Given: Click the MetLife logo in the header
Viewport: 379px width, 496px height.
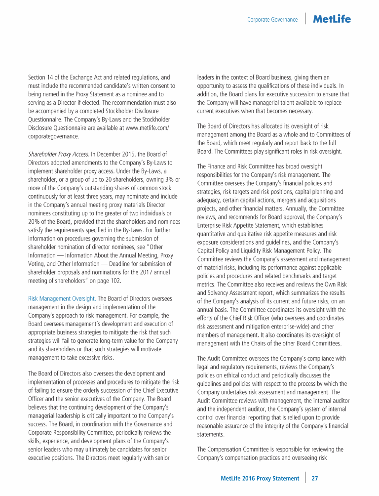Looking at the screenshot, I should (x=332, y=19).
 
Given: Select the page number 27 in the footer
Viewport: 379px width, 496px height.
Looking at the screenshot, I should (x=314, y=478).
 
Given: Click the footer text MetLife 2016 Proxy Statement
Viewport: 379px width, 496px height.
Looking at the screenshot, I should (x=260, y=478).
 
